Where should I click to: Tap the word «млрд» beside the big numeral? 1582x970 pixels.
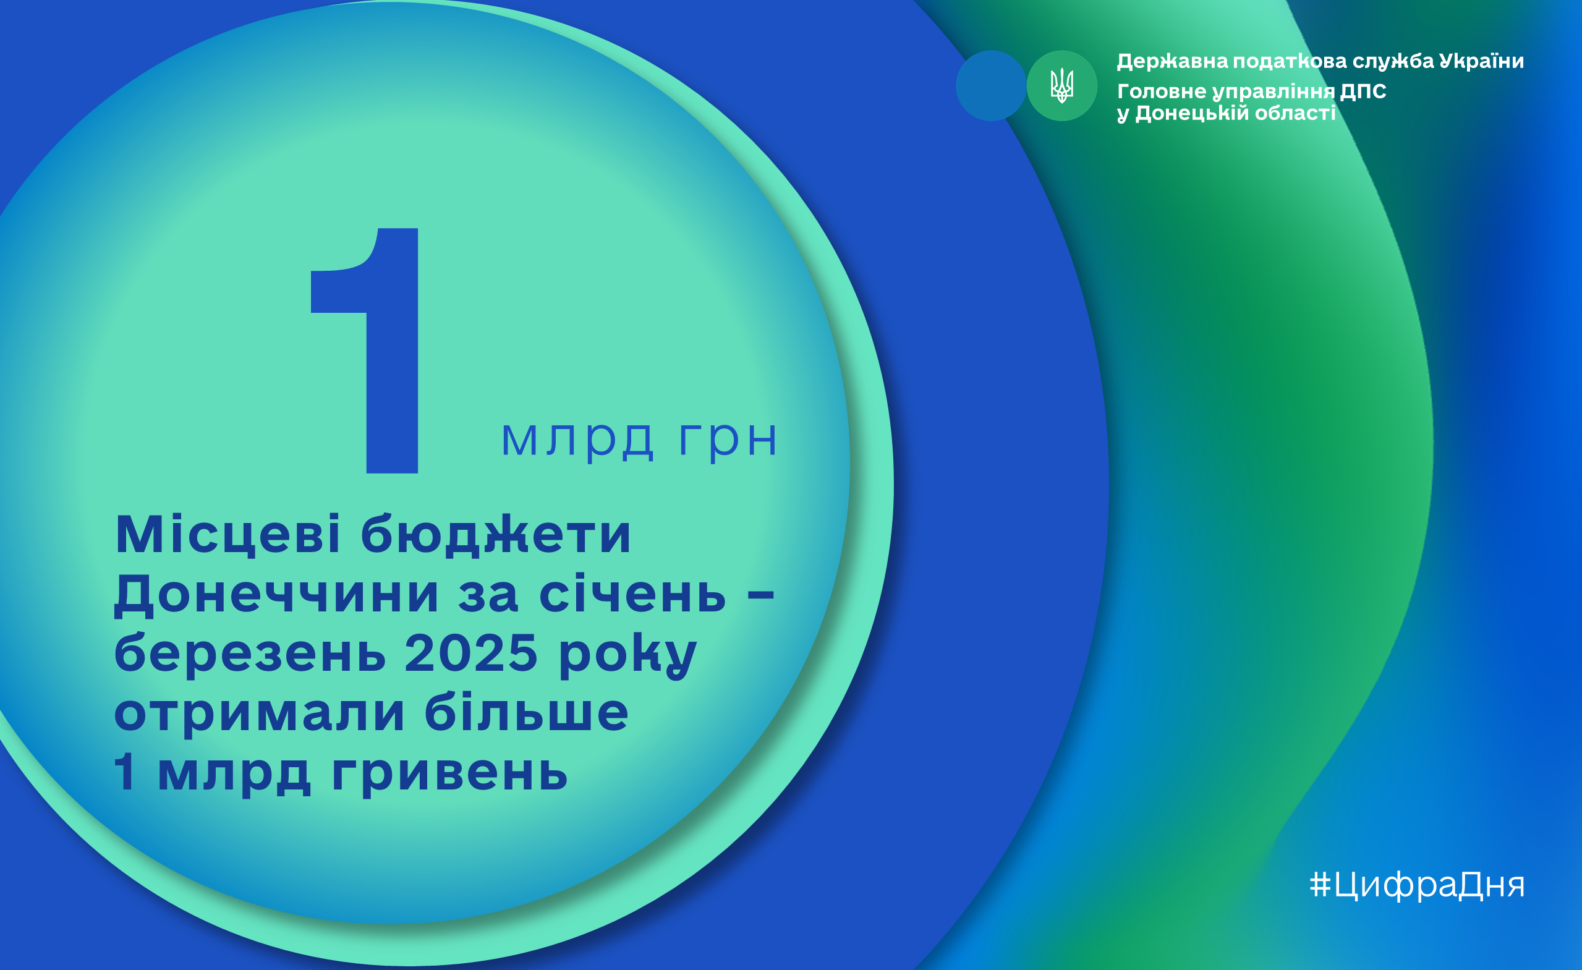[x=577, y=440]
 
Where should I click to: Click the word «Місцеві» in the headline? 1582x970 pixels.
[x=228, y=534]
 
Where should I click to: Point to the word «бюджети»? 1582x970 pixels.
[x=496, y=534]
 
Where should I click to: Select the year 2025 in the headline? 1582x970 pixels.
[x=470, y=653]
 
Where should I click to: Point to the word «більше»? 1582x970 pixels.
[x=527, y=712]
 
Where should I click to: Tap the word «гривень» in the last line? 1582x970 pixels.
[x=449, y=774]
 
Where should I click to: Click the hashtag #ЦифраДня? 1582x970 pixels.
[x=1417, y=885]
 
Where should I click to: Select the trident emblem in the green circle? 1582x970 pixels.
[x=1061, y=86]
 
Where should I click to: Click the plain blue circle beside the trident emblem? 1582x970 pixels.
[x=990, y=85]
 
